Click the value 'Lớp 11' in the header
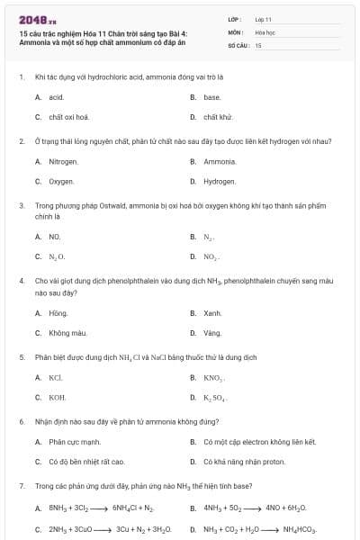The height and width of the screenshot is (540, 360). click(263, 18)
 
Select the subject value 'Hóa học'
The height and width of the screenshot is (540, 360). click(265, 31)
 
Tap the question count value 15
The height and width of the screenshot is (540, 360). click(258, 44)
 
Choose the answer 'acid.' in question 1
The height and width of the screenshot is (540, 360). click(56, 96)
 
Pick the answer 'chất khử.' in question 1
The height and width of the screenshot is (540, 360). click(218, 116)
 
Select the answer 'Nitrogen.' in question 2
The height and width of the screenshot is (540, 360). click(63, 161)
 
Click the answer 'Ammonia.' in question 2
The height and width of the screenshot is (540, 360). click(220, 161)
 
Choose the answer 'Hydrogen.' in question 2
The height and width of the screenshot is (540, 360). click(220, 181)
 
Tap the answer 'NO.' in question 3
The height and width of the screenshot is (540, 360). click(54, 237)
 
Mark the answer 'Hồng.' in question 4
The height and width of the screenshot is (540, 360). click(58, 312)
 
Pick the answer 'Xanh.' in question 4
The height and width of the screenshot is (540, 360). click(212, 312)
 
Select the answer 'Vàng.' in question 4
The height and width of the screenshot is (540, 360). click(212, 332)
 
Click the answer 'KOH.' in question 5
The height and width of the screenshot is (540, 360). click(57, 397)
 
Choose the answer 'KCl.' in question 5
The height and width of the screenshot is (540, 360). click(55, 377)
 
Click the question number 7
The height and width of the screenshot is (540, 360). click(21, 486)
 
